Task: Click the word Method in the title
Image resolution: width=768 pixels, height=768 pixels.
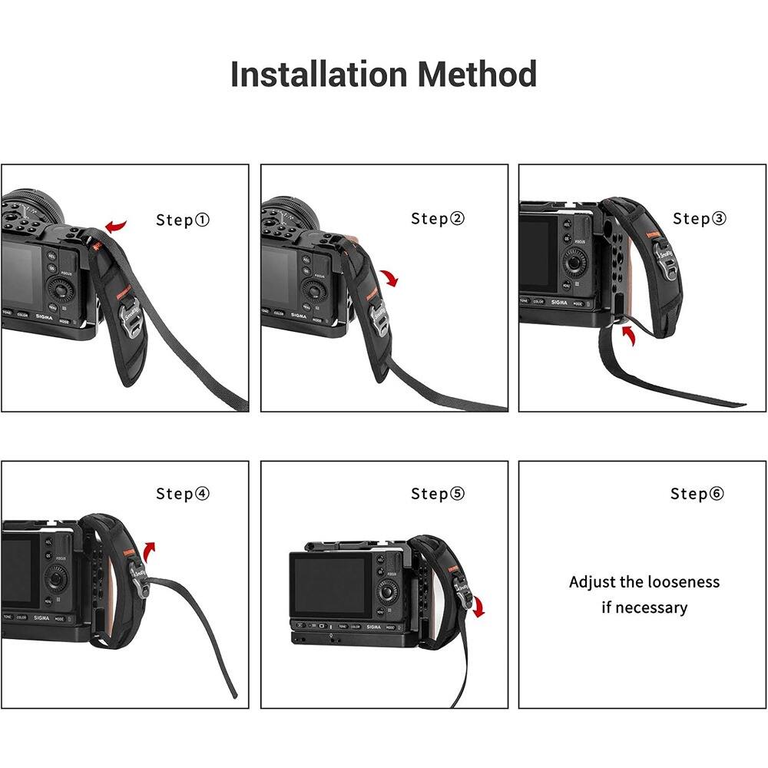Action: click(477, 74)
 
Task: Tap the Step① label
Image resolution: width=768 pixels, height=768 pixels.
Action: click(183, 220)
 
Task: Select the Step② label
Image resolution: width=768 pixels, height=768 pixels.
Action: click(438, 219)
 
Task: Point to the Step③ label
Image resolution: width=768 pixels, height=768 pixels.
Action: click(699, 219)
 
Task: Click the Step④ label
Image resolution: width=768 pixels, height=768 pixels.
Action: click(183, 493)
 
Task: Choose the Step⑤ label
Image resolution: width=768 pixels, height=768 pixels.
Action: click(438, 493)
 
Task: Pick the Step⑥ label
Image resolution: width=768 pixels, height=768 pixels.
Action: click(697, 493)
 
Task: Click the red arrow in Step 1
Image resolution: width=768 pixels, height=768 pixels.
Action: click(117, 225)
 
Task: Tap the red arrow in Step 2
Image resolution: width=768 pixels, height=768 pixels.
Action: click(391, 277)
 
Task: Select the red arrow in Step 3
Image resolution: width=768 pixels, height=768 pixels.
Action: click(628, 335)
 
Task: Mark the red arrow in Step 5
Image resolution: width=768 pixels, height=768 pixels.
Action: click(479, 607)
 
